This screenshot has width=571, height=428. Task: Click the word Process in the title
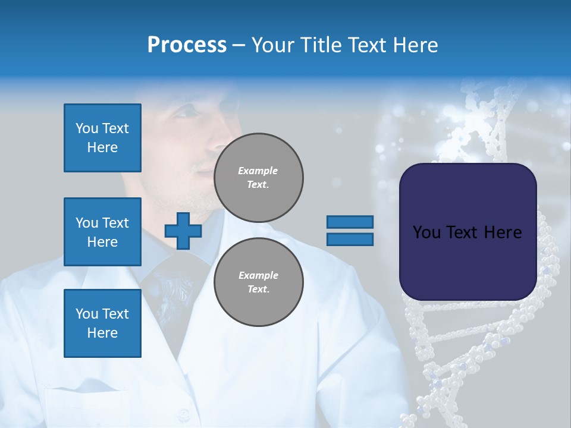pyautogui.click(x=187, y=45)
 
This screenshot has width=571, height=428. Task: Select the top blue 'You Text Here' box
pyautogui.click(x=102, y=138)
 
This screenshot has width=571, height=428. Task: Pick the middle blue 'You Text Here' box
pyautogui.click(x=102, y=232)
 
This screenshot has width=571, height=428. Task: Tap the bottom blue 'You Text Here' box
pyautogui.click(x=102, y=323)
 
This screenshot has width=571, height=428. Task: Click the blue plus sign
pyautogui.click(x=183, y=231)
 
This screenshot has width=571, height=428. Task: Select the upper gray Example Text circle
pyautogui.click(x=259, y=177)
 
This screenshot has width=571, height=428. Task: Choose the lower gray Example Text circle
pyautogui.click(x=259, y=282)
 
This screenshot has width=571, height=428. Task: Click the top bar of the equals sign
pyautogui.click(x=350, y=222)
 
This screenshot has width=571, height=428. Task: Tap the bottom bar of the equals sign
pyautogui.click(x=350, y=239)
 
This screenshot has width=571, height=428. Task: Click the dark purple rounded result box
pyautogui.click(x=468, y=262)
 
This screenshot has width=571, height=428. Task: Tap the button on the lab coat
pyautogui.click(x=186, y=412)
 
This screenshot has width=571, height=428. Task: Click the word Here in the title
pyautogui.click(x=415, y=45)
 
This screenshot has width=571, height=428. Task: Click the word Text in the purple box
pyautogui.click(x=467, y=232)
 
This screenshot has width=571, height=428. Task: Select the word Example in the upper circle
pyautogui.click(x=258, y=171)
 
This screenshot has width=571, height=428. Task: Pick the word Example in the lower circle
pyautogui.click(x=258, y=275)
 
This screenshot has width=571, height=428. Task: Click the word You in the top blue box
pyautogui.click(x=86, y=128)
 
